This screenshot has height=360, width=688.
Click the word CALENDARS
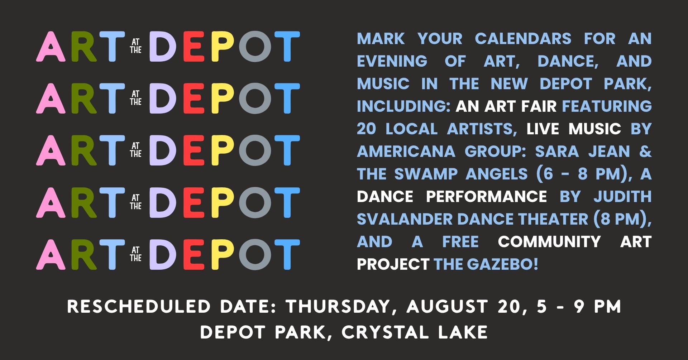(x=523, y=39)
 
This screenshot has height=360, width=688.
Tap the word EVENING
(x=392, y=61)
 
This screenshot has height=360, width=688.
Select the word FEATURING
(x=607, y=106)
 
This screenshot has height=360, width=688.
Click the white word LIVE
(x=543, y=129)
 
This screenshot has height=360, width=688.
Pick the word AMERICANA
(x=406, y=152)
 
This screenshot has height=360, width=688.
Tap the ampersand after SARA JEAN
(x=645, y=152)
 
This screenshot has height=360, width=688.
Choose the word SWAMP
(x=426, y=174)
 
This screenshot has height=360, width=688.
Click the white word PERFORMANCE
(x=486, y=197)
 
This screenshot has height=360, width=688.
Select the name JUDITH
(x=623, y=197)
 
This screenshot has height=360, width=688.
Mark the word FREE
(x=460, y=242)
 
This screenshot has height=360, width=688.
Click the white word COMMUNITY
(x=549, y=242)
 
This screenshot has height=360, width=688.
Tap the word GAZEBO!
(x=503, y=264)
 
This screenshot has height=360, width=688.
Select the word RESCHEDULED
(x=139, y=307)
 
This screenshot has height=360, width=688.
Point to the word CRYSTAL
(x=385, y=332)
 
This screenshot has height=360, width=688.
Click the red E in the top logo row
(x=193, y=47)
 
